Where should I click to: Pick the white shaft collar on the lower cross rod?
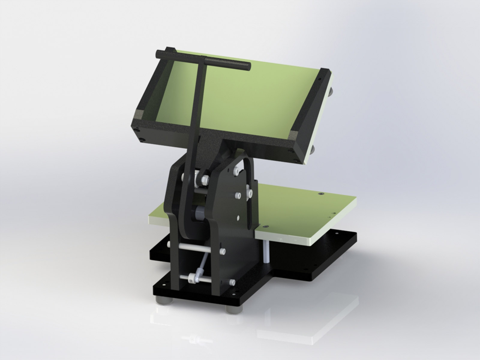tap(191, 280)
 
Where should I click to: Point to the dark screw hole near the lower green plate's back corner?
tap(321, 194)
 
